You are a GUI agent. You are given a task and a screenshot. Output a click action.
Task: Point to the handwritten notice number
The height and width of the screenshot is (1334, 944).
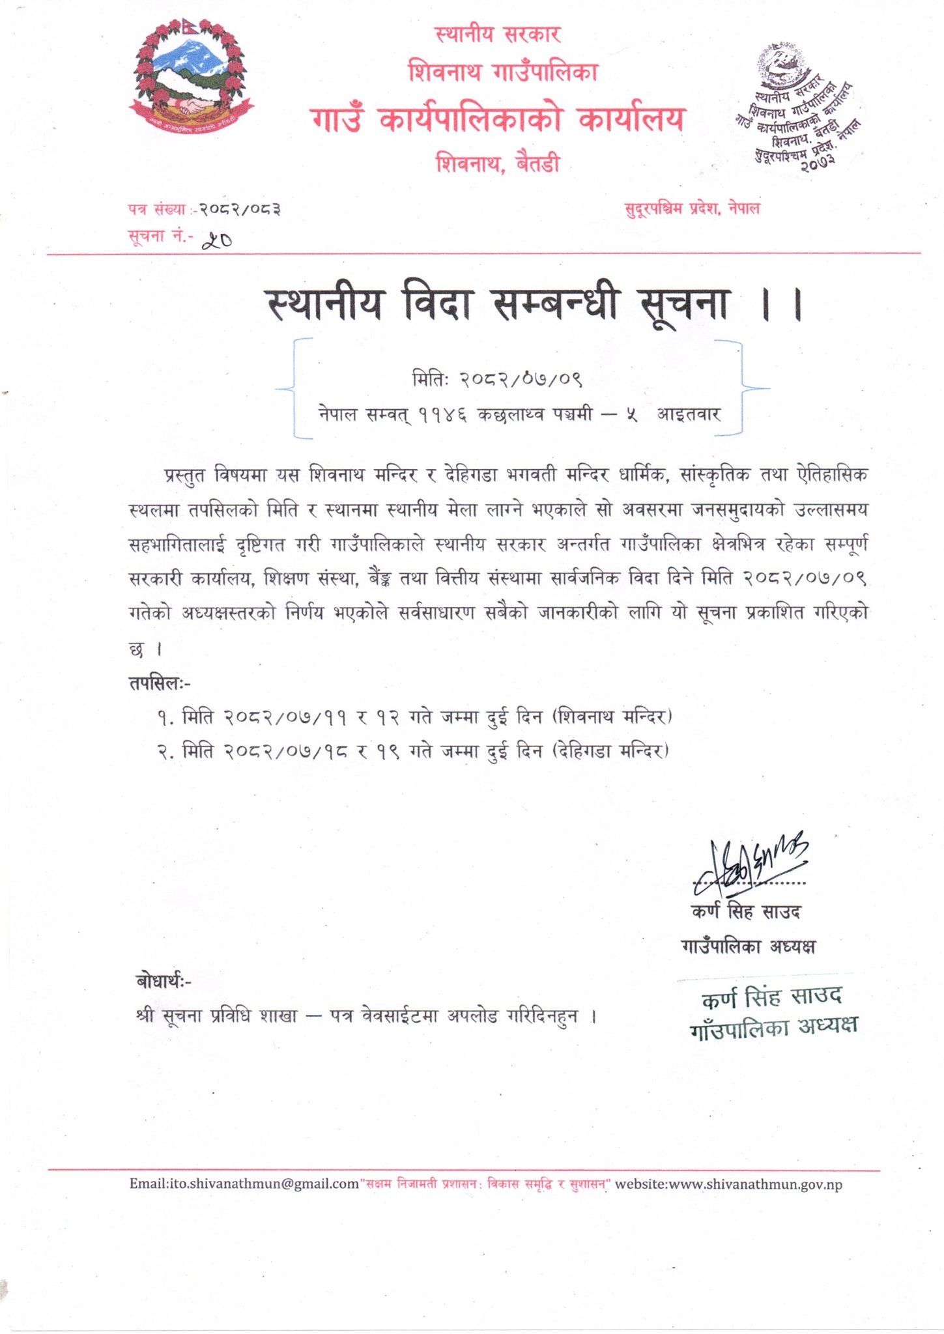[217, 241]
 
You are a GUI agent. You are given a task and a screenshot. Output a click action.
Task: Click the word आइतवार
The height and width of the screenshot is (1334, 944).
[689, 414]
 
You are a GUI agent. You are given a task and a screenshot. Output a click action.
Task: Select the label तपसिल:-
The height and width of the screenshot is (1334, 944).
[160, 683]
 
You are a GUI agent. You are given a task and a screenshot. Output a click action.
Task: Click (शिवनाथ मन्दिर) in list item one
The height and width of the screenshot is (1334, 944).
[612, 717]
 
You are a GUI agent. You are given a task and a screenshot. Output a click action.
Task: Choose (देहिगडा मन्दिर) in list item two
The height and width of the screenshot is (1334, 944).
[610, 751]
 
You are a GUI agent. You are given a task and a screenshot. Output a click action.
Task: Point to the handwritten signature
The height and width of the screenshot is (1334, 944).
[749, 863]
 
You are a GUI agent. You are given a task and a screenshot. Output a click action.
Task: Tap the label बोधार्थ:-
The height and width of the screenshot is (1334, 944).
[164, 981]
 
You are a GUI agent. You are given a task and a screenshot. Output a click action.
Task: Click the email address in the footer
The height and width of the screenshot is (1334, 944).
[244, 1184]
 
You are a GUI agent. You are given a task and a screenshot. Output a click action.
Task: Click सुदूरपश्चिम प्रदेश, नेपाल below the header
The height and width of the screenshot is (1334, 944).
[692, 209]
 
